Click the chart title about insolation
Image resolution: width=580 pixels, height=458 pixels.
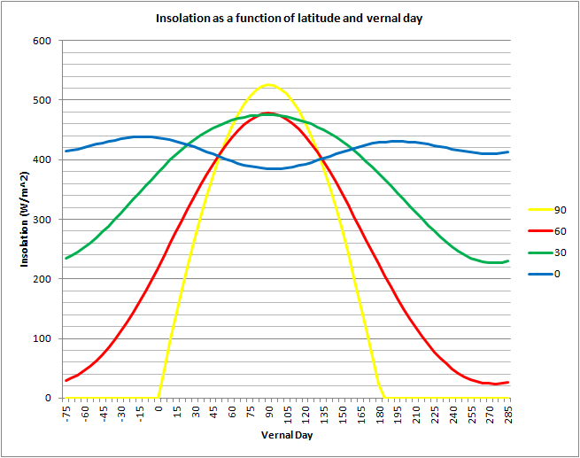coord(289,18)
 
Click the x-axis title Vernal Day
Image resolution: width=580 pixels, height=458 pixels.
coord(287,435)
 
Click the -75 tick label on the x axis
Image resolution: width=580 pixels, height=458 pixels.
coord(66,413)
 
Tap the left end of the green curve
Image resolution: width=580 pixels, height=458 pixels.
coord(66,259)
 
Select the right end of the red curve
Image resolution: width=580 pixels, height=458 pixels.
coord(508,382)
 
